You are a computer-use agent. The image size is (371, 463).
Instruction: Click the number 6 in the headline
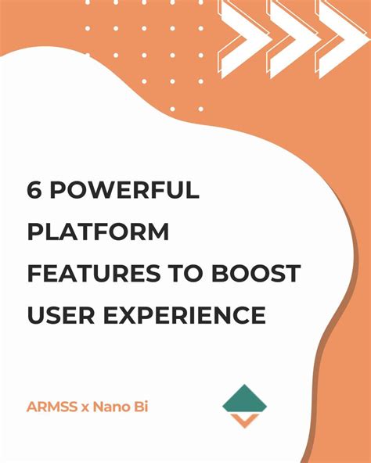tap(35, 190)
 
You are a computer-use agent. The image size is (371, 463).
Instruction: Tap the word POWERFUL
tap(123, 190)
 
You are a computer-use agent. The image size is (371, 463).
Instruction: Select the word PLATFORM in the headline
tap(99, 232)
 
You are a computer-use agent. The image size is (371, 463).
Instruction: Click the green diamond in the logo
tap(244, 400)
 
